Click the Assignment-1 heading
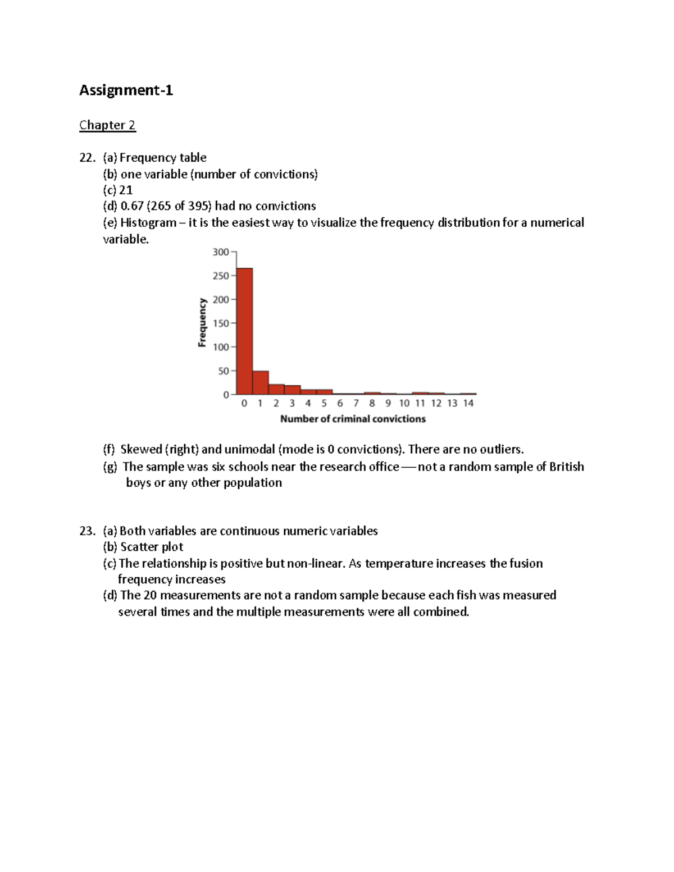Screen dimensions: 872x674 [x=126, y=90]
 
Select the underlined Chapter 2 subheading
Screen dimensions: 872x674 [x=107, y=125]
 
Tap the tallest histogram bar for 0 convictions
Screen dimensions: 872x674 [x=244, y=331]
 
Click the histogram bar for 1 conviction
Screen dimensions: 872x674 [x=260, y=383]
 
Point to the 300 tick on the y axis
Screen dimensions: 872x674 [x=221, y=252]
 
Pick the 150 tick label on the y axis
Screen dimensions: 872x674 [x=221, y=323]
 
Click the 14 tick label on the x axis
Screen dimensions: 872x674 [x=468, y=403]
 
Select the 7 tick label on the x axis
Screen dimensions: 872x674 [x=356, y=403]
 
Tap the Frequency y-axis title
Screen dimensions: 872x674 [x=202, y=322]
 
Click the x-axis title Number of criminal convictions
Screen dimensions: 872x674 [x=353, y=419]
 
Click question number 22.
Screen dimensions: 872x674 [x=87, y=158]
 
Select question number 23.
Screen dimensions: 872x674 [x=87, y=531]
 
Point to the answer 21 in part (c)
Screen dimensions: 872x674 [x=126, y=190]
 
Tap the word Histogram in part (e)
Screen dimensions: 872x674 [x=148, y=223]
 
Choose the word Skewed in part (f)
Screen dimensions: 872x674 [x=141, y=450]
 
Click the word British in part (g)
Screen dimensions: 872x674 [x=566, y=467]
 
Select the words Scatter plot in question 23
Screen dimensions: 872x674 [x=152, y=547]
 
